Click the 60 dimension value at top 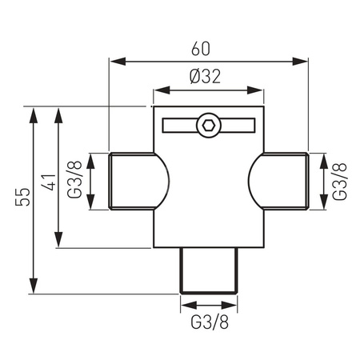tap(201, 49)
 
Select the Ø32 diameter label tap(206, 77)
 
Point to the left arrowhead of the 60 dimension tap(114, 61)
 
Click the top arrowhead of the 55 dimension tap(34, 113)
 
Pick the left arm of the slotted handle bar tap(178, 125)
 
